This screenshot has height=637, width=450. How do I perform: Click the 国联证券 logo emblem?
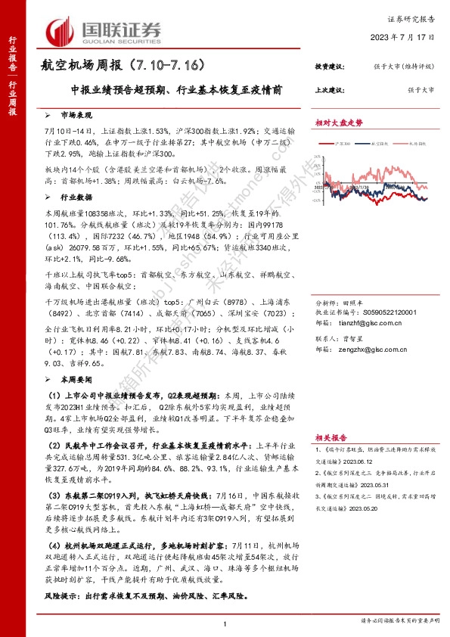pos(60,31)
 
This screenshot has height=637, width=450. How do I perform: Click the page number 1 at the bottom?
pos(225,623)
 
